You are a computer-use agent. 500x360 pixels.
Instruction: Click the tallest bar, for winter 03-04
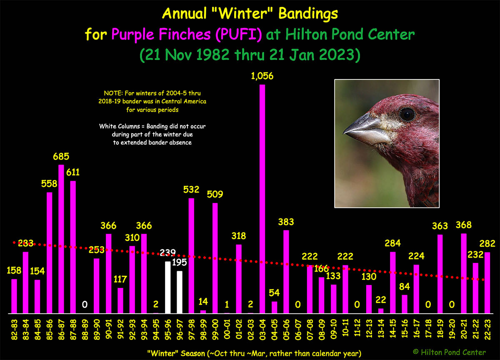point(262,199)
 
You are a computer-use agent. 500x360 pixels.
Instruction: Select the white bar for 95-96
point(168,287)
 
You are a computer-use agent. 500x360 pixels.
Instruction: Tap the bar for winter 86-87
point(61,239)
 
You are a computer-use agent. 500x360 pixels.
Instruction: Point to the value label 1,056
point(262,76)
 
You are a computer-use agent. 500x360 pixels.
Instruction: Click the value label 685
point(61,156)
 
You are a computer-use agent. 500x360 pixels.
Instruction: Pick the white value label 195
point(180,262)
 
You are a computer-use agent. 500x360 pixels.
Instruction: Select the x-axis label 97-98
point(192,330)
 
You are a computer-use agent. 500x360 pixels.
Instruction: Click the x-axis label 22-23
point(487,330)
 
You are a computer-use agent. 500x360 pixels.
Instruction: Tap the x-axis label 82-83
point(14,330)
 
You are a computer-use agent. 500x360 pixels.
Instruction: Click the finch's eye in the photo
point(407,114)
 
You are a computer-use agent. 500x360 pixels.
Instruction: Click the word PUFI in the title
point(239,34)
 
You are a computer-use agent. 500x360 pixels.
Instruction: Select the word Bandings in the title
point(308,14)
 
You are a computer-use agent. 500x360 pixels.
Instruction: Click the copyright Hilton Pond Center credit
point(449,352)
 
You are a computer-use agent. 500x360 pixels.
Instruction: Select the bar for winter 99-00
point(215,258)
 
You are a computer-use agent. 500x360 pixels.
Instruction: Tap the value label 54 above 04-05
point(274,293)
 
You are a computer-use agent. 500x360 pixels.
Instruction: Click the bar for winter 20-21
point(464,273)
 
